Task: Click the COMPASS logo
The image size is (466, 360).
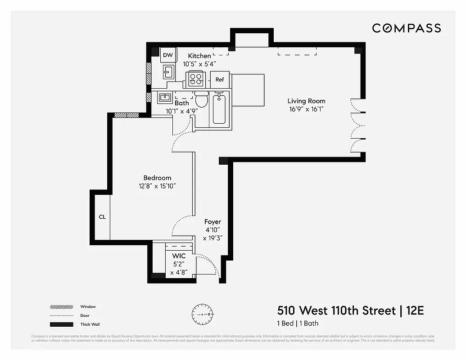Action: point(406,28)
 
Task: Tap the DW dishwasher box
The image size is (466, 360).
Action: point(167,55)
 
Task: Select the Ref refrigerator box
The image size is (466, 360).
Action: point(220,80)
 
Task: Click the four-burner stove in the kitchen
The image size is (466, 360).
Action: point(197,79)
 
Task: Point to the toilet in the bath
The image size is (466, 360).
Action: point(201,99)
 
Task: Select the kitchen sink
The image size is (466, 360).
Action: point(169,72)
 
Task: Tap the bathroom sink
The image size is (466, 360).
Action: point(164,97)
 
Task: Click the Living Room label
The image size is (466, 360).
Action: point(306,101)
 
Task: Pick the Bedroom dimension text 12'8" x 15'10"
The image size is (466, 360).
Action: point(157,186)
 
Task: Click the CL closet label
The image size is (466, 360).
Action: point(102,217)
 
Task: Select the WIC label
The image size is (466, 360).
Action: point(179,256)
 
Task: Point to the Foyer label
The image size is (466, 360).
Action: point(213,222)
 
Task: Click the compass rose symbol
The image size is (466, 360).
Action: point(203,314)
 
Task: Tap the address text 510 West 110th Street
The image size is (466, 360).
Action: point(337,310)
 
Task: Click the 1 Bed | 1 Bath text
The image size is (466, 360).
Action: point(298,323)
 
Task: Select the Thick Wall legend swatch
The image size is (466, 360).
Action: point(61,324)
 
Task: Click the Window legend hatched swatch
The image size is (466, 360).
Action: point(61,307)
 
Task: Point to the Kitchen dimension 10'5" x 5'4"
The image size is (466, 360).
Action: point(200,64)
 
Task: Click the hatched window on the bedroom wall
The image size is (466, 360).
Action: point(126,115)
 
